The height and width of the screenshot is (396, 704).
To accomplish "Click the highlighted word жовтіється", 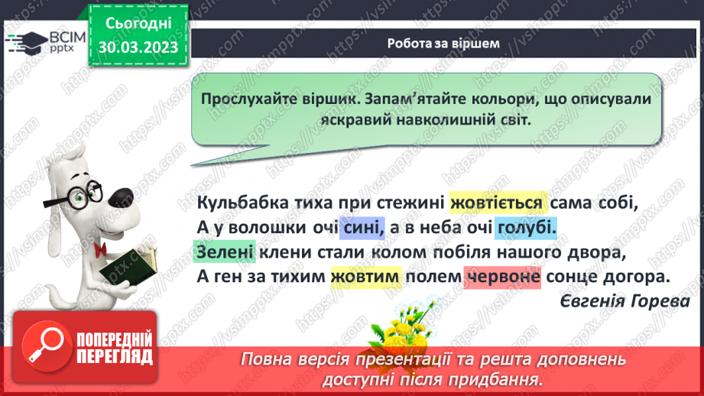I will (x=498, y=203).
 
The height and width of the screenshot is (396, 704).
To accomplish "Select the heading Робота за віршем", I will (x=443, y=44).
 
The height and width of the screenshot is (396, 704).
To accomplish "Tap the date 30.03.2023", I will (x=138, y=47).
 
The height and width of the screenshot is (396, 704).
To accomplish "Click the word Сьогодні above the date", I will (x=138, y=23).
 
